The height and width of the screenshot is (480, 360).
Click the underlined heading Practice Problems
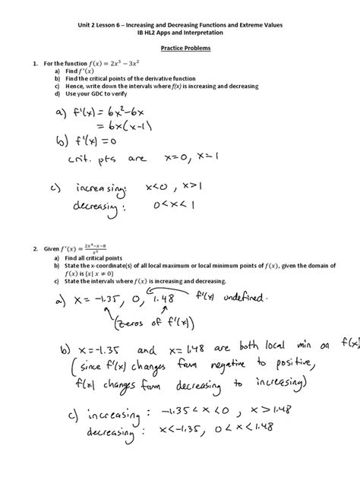click(x=179, y=46)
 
